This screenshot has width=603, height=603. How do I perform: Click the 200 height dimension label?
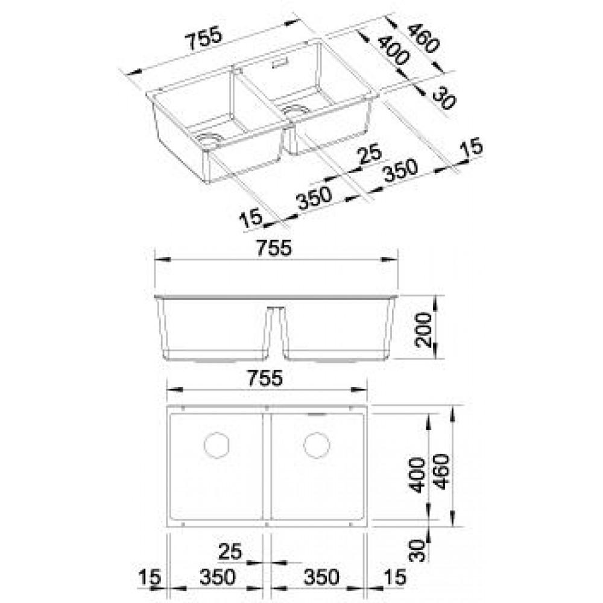[425, 330]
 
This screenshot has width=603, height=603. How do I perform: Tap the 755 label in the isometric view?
[204, 38]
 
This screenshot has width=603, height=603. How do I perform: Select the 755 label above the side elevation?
[274, 248]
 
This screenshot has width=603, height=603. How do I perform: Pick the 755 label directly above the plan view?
[265, 378]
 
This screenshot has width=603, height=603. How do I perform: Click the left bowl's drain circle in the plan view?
[216, 445]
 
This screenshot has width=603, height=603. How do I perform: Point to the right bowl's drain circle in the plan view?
[317, 445]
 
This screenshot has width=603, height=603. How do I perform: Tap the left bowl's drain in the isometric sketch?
[210, 139]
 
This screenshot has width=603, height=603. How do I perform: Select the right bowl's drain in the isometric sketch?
[296, 109]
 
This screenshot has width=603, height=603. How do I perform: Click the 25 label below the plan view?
[230, 551]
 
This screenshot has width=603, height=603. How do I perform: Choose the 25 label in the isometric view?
[369, 154]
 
